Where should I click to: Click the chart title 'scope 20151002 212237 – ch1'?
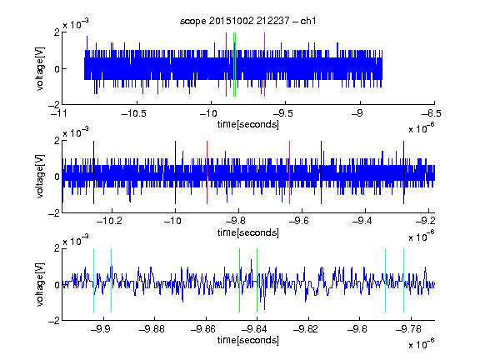(x=248, y=21)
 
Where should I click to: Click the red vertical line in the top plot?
(x=226, y=65)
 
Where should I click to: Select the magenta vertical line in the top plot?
(x=264, y=65)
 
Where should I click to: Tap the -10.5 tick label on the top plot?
(x=134, y=113)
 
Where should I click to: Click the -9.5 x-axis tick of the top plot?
(x=285, y=102)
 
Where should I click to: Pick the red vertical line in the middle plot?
(x=207, y=172)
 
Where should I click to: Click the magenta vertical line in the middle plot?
(x=290, y=172)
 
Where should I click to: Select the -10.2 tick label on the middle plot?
(x=109, y=221)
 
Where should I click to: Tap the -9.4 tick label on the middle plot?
(x=362, y=221)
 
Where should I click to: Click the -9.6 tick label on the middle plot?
(x=299, y=221)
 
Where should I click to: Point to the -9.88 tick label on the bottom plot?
(x=152, y=329)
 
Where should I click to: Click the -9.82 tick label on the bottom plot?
(x=306, y=329)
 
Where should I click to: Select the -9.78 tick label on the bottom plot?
(x=408, y=329)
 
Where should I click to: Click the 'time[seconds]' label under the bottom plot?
(x=248, y=340)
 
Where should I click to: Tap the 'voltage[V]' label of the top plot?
(x=40, y=68)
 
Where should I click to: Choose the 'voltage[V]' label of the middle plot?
(x=40, y=177)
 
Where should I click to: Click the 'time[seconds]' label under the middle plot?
(x=248, y=232)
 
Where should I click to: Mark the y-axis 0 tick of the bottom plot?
(x=57, y=285)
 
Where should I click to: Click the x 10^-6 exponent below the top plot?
(x=422, y=127)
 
